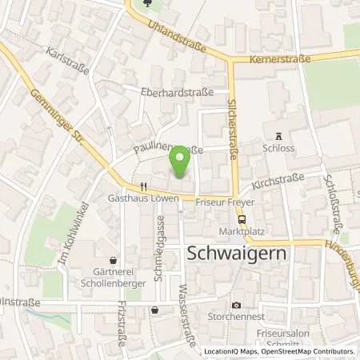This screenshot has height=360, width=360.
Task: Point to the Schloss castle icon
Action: (278, 136)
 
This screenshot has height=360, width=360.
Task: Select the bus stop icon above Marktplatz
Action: (242, 218)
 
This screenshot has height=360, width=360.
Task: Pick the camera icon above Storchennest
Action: (236, 305)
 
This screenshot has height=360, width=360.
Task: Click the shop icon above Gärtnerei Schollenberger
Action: (116, 261)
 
